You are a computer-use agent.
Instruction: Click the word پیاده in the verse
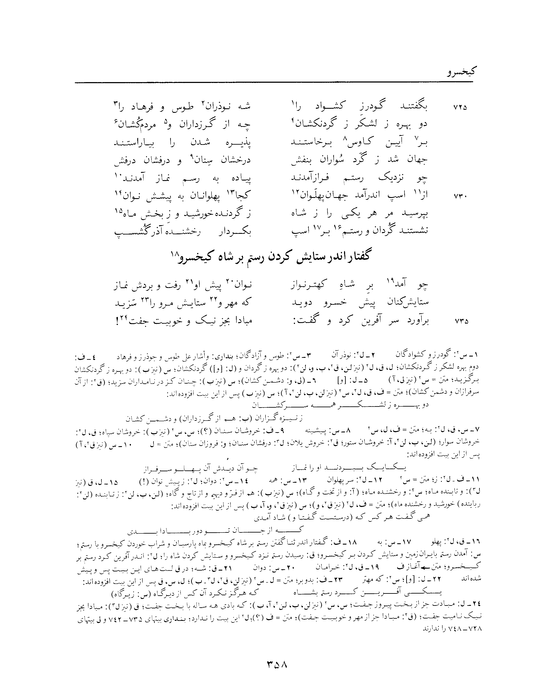tap(240, 178)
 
